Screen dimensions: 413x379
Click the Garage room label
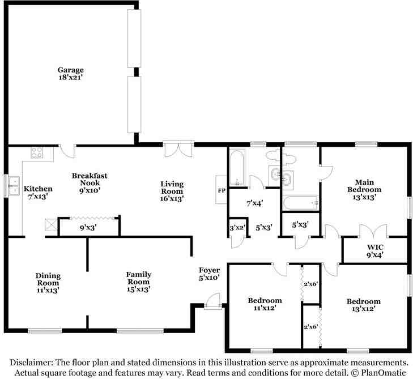pos(71,70)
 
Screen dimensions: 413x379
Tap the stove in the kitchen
pos(37,152)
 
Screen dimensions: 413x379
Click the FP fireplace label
pos(222,190)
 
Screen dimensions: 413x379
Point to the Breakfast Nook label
pos(90,179)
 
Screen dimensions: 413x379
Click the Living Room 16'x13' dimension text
pos(172,199)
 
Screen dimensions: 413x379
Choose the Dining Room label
pos(48,279)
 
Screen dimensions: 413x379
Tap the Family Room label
pos(139,278)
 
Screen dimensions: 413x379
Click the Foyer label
pos(210,270)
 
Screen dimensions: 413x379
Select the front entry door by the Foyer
pos(212,300)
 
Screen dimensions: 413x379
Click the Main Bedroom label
pos(364,186)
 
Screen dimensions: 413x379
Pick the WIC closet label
pos(375,248)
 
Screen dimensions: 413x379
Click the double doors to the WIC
pos(373,231)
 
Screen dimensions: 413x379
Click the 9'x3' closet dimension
pos(88,227)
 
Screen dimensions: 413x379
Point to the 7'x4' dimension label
pos(255,203)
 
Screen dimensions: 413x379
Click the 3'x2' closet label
pos(237,228)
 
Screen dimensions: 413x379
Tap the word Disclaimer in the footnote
pos(31,363)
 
